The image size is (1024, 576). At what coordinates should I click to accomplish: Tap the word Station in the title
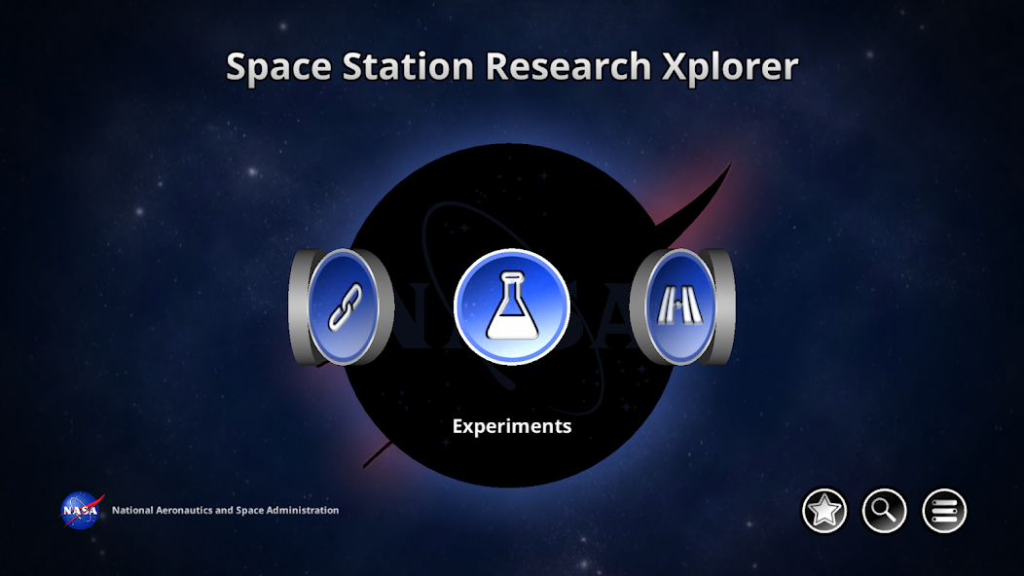tap(410, 67)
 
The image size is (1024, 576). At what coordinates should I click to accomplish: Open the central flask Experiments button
tap(512, 306)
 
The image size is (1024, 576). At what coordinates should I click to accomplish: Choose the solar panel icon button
tap(680, 307)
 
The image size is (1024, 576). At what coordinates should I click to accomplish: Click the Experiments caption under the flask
tap(512, 426)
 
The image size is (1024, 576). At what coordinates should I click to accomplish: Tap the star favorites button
tap(824, 511)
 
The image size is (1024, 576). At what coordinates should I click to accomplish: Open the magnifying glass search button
tap(885, 511)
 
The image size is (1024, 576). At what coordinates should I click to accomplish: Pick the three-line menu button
tap(944, 511)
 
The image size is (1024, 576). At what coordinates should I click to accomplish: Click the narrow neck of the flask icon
tap(512, 284)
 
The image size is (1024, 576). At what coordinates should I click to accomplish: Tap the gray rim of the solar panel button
tap(723, 306)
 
